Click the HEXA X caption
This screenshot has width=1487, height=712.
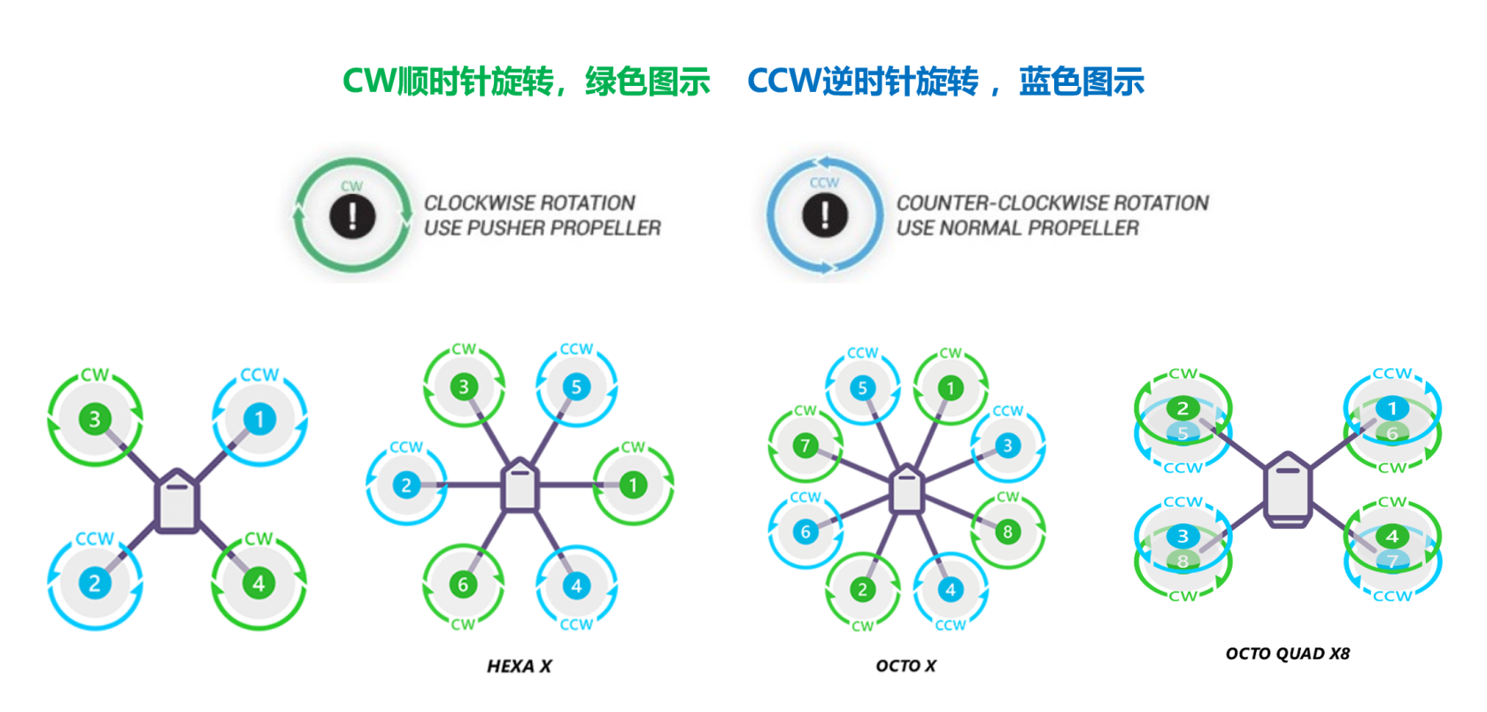point(519,666)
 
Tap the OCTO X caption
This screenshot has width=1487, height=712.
point(905,666)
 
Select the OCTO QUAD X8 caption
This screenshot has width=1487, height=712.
point(1287,654)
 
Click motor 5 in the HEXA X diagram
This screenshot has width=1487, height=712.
point(576,387)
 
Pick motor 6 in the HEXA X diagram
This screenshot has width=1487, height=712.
point(463,584)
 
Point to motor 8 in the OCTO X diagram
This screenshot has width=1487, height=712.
point(1007,531)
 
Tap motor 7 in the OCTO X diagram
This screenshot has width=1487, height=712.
point(805,445)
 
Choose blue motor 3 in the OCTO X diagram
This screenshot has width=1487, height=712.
point(1007,445)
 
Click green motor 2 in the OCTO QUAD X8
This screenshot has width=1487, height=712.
point(1183,408)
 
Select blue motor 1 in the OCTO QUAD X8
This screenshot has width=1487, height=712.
point(1391,408)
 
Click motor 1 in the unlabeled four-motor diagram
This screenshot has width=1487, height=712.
point(258,419)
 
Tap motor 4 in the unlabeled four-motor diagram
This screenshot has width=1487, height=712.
point(258,583)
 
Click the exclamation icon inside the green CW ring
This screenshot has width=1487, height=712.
point(352,215)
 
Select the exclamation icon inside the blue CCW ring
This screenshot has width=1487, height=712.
point(825,215)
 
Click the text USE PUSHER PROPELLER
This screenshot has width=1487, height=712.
point(542,228)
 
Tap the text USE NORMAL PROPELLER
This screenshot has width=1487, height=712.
point(1017,228)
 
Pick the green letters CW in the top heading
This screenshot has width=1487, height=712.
point(369,81)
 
